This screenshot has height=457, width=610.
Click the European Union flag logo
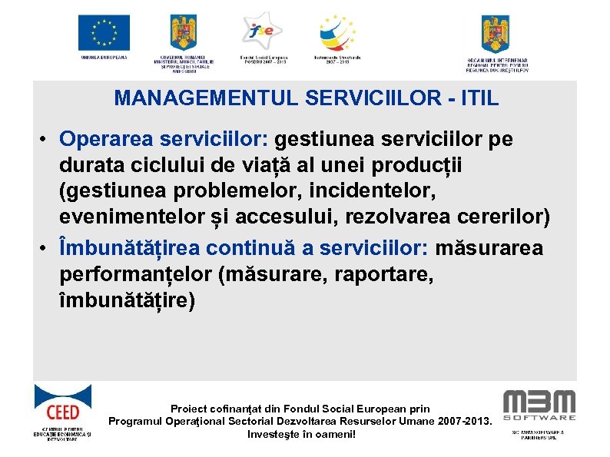tap(104, 32)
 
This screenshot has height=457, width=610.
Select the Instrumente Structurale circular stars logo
tap(338, 32)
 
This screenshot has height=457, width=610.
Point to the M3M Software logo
tap(539, 405)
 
